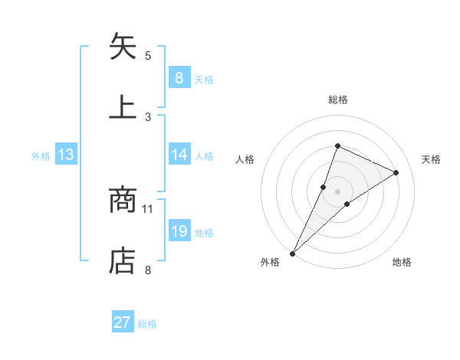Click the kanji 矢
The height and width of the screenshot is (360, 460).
coord(123,47)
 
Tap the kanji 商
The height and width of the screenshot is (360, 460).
coord(123,201)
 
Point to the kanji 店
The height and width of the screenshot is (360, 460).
coord(123,260)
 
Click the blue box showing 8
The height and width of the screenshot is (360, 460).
coord(179,77)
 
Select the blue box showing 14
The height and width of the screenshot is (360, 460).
coord(179,155)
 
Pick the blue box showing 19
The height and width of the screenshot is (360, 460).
coord(179,231)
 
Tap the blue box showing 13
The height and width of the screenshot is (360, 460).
coord(66,155)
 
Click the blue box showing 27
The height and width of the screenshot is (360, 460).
coord(123,322)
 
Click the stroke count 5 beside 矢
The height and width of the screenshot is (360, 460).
coord(148,55)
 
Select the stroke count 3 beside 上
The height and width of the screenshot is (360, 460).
coord(148,116)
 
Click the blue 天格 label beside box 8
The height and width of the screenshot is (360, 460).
coord(204,79)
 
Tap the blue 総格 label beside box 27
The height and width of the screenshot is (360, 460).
coord(147,324)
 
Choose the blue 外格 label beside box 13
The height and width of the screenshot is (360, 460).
coord(41,156)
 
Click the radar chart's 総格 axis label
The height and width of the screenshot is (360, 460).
coord(337,100)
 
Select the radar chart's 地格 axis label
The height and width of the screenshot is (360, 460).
coord(402,262)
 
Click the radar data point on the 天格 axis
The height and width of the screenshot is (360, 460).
coord(396,172)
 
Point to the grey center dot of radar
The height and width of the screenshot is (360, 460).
coord(337,191)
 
